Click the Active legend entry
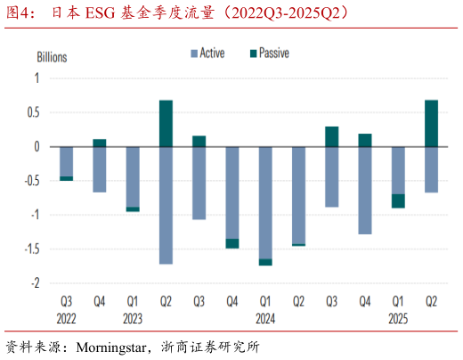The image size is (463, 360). click(207, 53)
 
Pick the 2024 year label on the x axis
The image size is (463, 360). click(265, 317)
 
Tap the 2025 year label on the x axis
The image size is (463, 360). click(397, 317)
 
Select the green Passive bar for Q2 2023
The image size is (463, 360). click(166, 123)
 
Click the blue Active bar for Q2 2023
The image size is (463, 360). click(166, 205)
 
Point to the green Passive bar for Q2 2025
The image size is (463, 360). click(430, 123)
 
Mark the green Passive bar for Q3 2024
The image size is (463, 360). click(331, 136)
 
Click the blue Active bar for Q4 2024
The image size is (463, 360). click(364, 190)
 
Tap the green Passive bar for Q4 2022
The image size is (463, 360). click(100, 143)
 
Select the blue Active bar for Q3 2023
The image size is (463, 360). click(199, 183)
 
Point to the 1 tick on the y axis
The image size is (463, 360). click(37, 78)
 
